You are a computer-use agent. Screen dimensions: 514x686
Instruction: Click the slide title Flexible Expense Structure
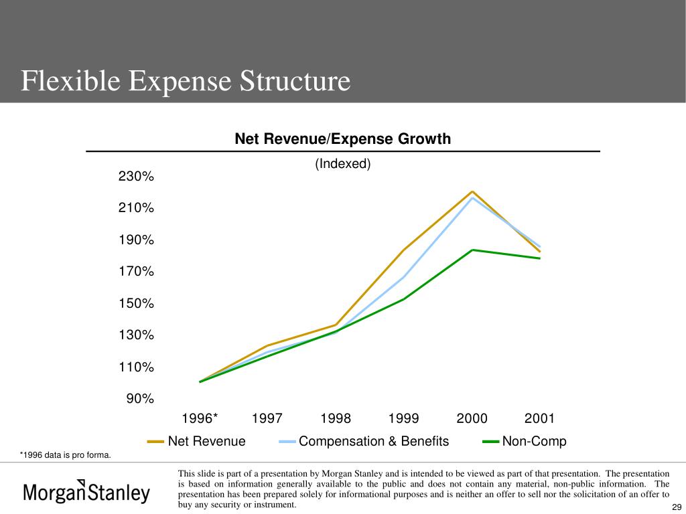coord(186,81)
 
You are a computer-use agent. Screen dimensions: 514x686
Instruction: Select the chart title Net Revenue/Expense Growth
coord(342,139)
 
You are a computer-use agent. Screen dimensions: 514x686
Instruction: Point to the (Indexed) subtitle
coord(342,164)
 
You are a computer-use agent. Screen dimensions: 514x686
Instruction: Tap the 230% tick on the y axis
coord(137,176)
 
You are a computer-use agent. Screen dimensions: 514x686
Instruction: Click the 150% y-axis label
coord(137,303)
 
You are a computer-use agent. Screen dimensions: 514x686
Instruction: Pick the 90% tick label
coord(140,399)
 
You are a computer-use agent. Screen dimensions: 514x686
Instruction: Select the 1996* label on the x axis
coord(200,418)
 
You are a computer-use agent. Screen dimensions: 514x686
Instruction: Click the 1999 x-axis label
coord(403,418)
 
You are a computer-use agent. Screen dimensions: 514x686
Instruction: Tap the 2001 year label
coord(539,418)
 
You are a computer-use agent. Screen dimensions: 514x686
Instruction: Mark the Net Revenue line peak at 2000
coord(472,191)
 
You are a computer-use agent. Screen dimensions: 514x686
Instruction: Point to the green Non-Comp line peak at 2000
coord(472,250)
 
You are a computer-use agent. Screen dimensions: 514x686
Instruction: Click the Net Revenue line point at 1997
coord(267,345)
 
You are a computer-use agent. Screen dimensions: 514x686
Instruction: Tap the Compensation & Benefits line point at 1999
coord(404,276)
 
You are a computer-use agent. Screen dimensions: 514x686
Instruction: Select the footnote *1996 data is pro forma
coord(65,455)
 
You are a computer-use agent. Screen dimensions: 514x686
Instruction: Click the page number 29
coord(677,507)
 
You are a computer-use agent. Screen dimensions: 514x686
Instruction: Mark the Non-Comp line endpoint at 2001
coord(540,258)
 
